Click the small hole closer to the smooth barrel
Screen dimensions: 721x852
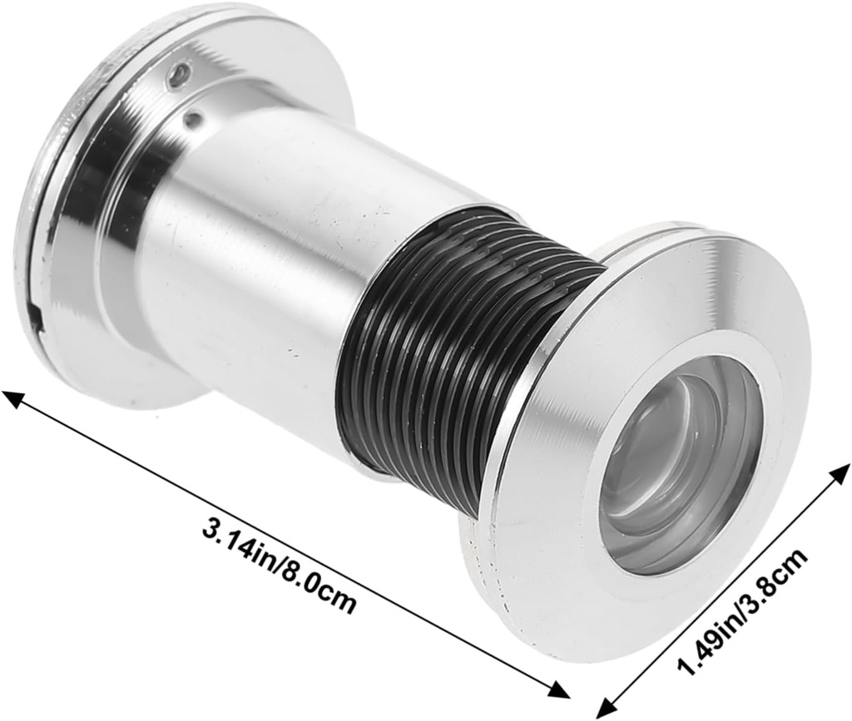[192, 121]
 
